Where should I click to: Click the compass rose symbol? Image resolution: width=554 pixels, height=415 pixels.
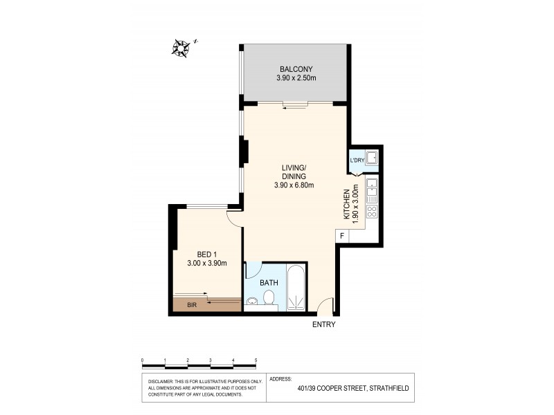182,48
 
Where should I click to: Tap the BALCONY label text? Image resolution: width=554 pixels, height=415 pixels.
296,69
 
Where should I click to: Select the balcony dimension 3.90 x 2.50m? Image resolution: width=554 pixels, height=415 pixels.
296,79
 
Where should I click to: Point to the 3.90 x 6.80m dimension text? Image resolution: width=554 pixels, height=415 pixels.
294,185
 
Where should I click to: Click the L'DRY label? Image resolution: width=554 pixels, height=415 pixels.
357,161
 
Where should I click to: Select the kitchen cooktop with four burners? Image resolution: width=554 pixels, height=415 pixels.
371,212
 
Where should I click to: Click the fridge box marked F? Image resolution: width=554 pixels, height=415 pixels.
342,236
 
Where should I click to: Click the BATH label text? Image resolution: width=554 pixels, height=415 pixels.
269,283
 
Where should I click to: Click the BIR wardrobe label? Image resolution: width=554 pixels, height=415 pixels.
189,304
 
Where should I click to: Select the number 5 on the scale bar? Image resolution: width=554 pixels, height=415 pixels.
256,360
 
